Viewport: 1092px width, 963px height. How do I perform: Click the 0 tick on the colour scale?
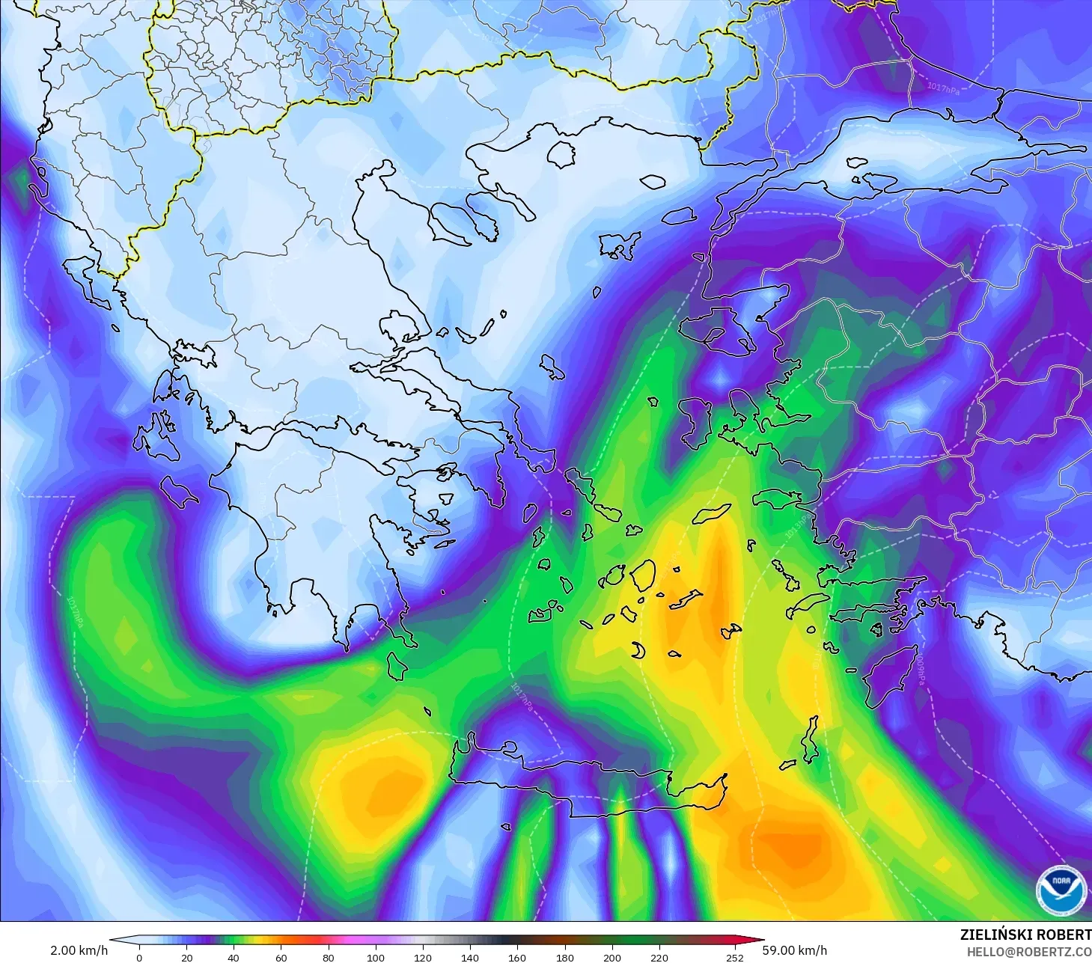click(139, 957)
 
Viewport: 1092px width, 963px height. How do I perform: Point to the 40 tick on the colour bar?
click(234, 957)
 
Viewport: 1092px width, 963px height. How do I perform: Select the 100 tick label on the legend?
click(376, 957)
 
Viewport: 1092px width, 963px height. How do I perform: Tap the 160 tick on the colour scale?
click(517, 957)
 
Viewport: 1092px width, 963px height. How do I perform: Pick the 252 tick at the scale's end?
click(735, 957)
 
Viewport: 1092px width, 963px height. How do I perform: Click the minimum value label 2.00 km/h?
click(79, 950)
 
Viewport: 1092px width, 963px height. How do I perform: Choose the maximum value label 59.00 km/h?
click(795, 950)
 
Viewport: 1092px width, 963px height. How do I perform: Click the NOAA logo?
click(1061, 889)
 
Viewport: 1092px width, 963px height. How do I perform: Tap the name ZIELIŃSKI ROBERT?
click(1025, 935)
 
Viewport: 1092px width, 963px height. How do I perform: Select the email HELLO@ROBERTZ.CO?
click(1029, 952)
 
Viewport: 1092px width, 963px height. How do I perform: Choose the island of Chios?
click(697, 424)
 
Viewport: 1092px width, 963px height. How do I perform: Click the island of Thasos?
click(561, 153)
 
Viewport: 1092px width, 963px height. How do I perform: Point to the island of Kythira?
click(397, 666)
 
